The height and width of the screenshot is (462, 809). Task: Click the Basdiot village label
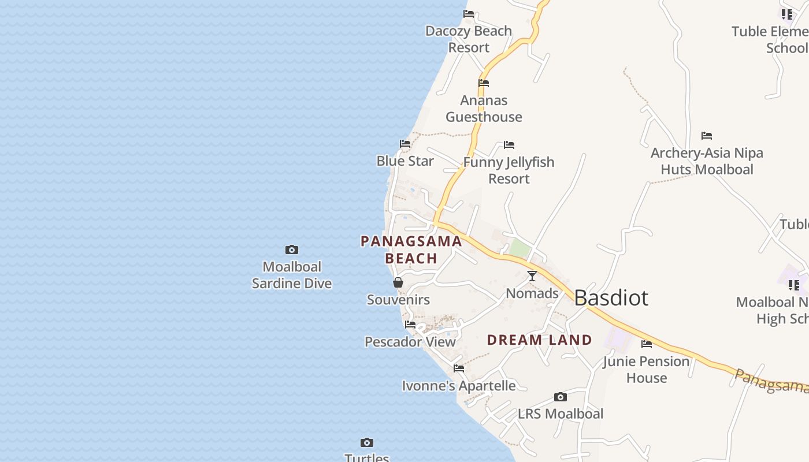pos(611,298)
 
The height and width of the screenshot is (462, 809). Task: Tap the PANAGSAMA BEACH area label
pos(411,249)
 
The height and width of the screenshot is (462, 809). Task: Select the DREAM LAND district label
pos(539,340)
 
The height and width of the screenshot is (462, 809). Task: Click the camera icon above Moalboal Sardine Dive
pos(292,250)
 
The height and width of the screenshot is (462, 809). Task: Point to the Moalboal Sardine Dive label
pos(292,275)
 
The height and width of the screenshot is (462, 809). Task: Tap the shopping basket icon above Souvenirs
pos(398,282)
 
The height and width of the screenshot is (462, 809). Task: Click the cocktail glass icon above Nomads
pos(532,276)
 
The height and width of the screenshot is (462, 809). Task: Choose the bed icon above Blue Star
pos(405,144)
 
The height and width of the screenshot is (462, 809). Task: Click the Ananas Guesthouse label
pos(484,109)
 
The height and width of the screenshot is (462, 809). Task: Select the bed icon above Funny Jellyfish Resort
pos(509,145)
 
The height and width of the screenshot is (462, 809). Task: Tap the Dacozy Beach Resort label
pos(469,39)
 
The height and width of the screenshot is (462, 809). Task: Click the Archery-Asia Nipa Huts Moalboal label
pos(707,161)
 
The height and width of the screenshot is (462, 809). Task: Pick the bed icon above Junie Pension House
pos(647,344)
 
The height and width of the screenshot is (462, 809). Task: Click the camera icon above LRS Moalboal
pos(560,397)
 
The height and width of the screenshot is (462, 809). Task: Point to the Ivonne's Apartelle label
pos(459,386)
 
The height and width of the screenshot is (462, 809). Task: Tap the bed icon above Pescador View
pos(410,325)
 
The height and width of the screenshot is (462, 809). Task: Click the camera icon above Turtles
pos(367,443)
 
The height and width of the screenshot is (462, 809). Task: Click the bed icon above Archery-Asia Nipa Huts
pos(707,136)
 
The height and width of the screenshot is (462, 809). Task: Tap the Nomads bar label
pos(532,293)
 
